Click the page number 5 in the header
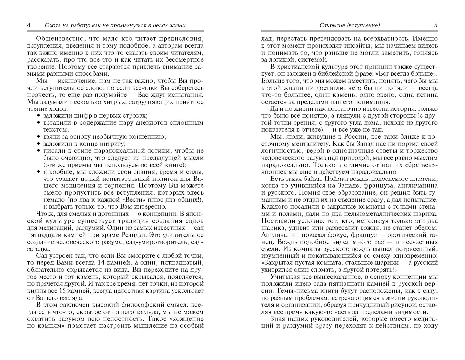[436, 25]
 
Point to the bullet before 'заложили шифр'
[39, 116]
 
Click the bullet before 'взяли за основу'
[39, 137]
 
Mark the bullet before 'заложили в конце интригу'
[39, 144]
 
